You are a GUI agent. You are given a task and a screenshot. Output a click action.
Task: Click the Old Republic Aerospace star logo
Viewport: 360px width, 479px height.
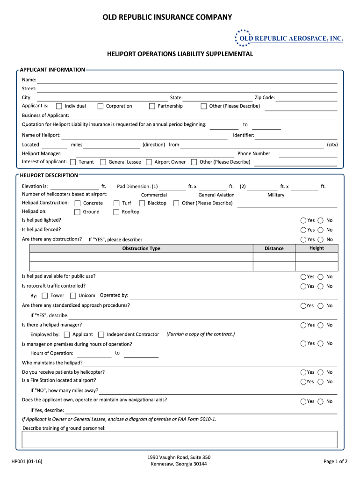243,38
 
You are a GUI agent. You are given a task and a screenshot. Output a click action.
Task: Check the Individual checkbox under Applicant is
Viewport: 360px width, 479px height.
59,106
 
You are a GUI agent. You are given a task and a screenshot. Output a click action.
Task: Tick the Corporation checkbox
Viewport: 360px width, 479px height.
101,106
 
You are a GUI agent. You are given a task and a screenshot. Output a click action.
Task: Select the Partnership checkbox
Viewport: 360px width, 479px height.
152,106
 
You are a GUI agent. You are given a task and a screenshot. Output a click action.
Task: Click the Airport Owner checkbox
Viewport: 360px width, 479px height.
149,162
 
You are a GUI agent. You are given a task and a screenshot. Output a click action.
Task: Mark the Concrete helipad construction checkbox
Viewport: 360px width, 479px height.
78,203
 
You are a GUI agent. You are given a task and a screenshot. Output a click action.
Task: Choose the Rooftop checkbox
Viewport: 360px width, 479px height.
116,212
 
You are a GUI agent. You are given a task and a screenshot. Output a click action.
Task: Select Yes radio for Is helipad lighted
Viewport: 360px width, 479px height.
303,220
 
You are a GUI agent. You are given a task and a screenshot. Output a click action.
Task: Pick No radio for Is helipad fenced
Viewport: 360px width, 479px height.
320,230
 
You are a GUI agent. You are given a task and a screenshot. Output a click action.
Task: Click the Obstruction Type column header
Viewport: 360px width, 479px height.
141,248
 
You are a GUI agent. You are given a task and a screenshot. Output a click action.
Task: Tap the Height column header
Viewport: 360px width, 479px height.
316,248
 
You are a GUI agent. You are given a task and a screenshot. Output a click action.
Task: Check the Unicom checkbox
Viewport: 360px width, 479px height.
73,296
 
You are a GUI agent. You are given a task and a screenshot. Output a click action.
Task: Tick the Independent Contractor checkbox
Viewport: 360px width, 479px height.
101,334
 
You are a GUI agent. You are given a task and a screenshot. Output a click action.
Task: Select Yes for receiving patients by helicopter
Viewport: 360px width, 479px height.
303,372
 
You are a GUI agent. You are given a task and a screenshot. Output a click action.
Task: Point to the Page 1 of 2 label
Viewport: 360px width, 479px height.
335,461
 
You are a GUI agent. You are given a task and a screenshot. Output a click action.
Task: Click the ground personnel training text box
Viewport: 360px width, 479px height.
180,439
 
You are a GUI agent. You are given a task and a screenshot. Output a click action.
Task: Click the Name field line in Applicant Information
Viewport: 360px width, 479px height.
187,80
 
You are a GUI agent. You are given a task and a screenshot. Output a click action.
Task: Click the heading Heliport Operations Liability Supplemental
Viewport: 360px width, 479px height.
180,54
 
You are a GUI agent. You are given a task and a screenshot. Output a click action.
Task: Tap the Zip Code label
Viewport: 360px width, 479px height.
264,98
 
